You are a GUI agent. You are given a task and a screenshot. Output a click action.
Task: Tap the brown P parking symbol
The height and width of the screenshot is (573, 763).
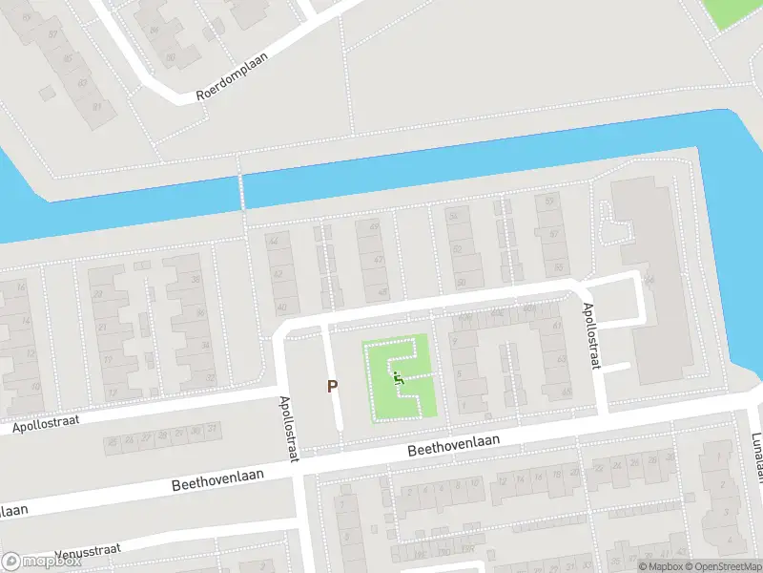(333, 387)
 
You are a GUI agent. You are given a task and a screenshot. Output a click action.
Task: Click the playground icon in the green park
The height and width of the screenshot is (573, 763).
(399, 378)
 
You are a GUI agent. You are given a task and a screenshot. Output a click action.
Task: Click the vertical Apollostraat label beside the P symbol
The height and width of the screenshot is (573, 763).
(288, 429)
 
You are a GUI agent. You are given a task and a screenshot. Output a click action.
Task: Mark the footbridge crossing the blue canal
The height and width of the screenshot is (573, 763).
(242, 191)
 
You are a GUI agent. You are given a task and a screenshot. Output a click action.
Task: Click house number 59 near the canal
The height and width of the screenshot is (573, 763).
(549, 202)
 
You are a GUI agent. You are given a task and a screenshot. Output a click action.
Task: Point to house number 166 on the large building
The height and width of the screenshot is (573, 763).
(650, 281)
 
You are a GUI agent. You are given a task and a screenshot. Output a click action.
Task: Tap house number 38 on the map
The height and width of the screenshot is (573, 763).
(196, 279)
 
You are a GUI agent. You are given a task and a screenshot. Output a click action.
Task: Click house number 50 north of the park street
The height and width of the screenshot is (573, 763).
(462, 283)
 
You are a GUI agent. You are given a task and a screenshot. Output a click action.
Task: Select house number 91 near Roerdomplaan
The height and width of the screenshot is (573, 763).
(96, 105)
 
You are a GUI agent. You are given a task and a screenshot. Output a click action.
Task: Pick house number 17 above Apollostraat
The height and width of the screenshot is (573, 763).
(112, 392)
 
